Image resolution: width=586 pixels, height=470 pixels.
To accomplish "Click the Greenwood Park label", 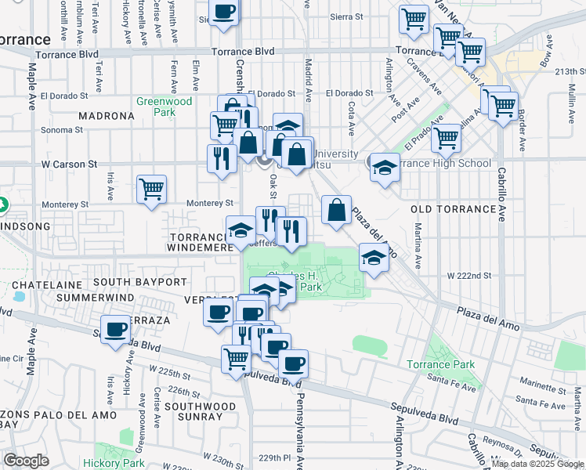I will coord(165,107).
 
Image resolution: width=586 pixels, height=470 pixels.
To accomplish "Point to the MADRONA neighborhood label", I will coord(107,116).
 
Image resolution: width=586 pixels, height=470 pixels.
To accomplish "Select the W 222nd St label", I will coord(468,276).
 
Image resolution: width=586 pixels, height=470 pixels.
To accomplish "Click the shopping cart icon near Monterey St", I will coord(151,189).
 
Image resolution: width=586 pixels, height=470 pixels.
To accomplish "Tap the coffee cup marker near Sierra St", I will coord(224,12).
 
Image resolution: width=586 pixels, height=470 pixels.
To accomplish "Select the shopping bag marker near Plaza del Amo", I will coord(336,210).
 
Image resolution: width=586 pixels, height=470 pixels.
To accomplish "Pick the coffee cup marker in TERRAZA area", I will coord(116,329).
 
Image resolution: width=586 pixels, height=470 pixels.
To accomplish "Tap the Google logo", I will coord(27,461).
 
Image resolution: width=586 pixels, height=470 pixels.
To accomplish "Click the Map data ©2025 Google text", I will coord(537,464).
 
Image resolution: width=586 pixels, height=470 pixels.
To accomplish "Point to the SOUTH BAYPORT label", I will coord(140,281).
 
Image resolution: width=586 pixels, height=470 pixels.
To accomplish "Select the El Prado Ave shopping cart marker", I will coord(446,138).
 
